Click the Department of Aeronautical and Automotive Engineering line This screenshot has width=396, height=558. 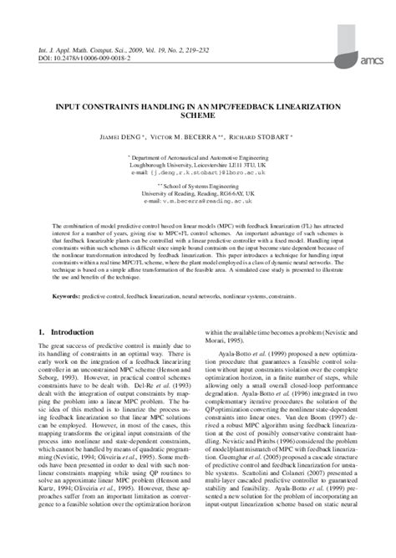tap(198, 156)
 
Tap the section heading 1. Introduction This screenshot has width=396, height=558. tap(67, 331)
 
